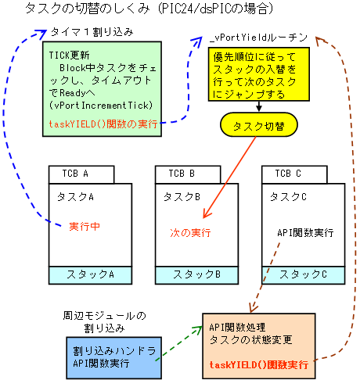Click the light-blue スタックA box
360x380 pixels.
(x=90, y=275)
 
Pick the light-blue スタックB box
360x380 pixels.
(x=196, y=275)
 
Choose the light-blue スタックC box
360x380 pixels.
(x=304, y=275)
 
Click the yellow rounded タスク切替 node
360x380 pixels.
(x=259, y=125)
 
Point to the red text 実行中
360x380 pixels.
(x=85, y=226)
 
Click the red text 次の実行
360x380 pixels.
(x=190, y=232)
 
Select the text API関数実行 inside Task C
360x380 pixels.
(x=305, y=232)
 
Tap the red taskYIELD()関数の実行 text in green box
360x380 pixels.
(x=103, y=124)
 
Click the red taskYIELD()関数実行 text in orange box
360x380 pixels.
(x=259, y=364)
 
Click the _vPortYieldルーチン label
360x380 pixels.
(x=259, y=38)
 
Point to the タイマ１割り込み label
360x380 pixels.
(x=92, y=32)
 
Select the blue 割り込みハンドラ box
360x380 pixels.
(x=114, y=357)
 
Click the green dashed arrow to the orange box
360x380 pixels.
(x=179, y=343)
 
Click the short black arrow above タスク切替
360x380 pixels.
(x=259, y=106)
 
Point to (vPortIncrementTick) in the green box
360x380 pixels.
(x=101, y=106)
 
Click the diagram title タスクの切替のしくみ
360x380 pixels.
(x=88, y=9)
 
